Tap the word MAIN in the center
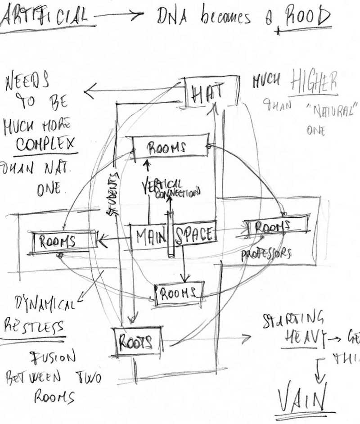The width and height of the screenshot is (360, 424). (x=148, y=235)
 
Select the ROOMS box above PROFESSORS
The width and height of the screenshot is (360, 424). (x=273, y=226)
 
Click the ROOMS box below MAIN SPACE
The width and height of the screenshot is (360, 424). (x=179, y=293)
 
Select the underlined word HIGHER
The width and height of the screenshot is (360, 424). (x=313, y=82)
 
